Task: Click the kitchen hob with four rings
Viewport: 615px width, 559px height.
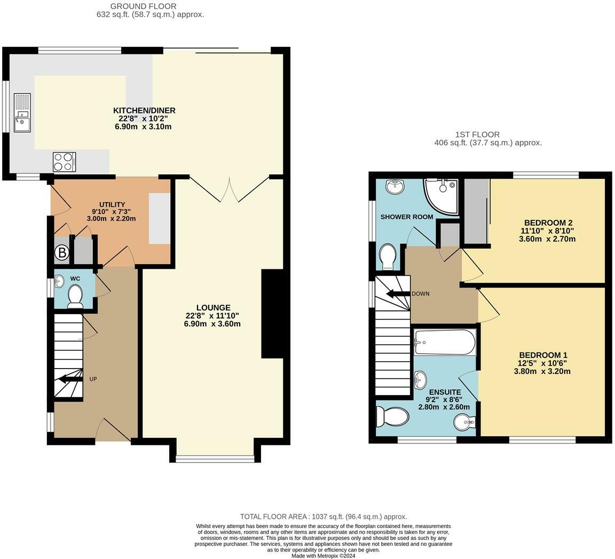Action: coord(64,162)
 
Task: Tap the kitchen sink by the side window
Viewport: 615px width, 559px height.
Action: coord(22,113)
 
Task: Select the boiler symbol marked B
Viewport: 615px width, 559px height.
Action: coord(61,253)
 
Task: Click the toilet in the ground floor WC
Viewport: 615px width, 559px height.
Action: coord(75,297)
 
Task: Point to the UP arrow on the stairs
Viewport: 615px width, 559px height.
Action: coord(70,379)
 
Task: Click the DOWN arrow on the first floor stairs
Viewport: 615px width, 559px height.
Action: coord(398,293)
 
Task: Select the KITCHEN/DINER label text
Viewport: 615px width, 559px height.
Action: coord(144,110)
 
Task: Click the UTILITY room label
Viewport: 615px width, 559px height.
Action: coord(112,204)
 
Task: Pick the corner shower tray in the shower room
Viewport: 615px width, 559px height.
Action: coord(441,196)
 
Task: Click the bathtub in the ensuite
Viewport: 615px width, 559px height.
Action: coord(445,342)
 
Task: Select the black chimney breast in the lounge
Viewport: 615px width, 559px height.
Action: coord(272,314)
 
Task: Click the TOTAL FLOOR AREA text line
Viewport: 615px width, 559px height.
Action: coord(323,517)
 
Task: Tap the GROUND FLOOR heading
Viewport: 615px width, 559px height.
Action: coord(143,6)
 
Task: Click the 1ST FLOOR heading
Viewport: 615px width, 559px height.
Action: coord(477,134)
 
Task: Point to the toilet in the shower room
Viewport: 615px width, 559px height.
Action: coord(388,257)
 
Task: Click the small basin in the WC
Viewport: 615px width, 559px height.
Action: coord(59,280)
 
